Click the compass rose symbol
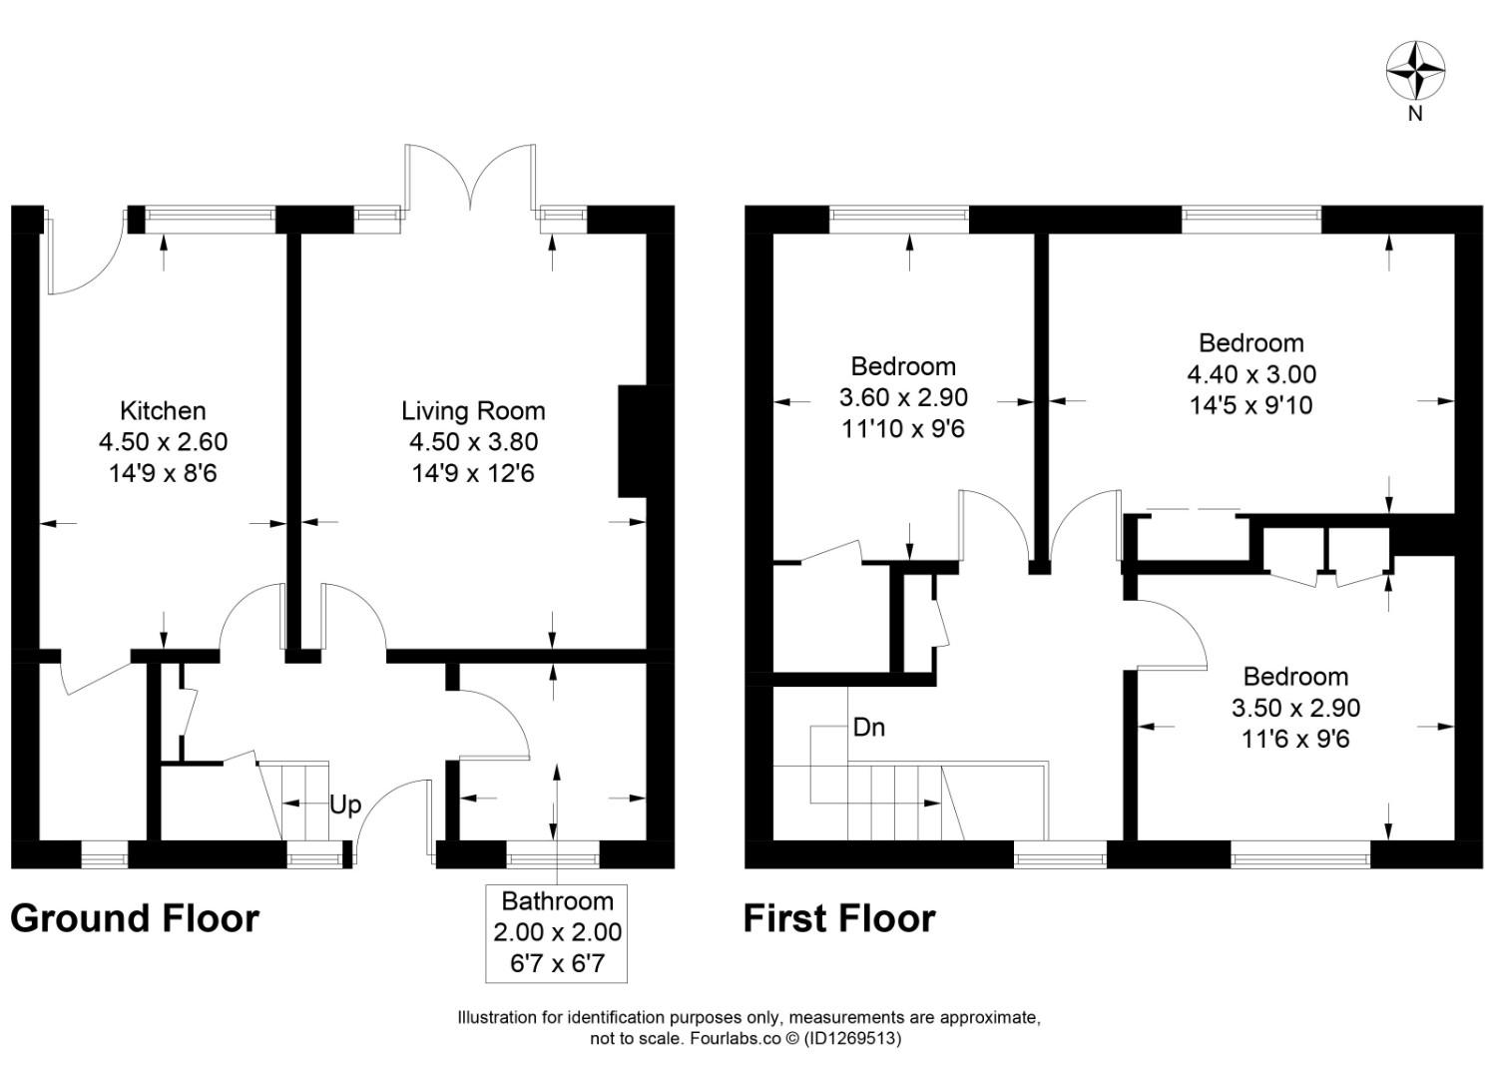coord(1415,71)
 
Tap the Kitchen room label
coord(163,410)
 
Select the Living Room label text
coord(473,410)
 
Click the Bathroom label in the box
coord(557,901)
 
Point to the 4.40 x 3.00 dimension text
coord(1250,374)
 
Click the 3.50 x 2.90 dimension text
coord(1295,708)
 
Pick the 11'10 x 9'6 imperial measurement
coord(903,429)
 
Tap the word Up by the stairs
coord(345,805)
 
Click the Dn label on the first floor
coord(868,728)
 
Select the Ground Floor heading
coord(135,918)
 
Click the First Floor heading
coord(839,918)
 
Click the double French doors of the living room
coord(469,180)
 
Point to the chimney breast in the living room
coord(633,440)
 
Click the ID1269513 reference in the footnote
coord(853,1038)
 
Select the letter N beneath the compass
coord(1414,114)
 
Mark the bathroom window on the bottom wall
coord(553,854)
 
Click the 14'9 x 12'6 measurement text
coord(473,473)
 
